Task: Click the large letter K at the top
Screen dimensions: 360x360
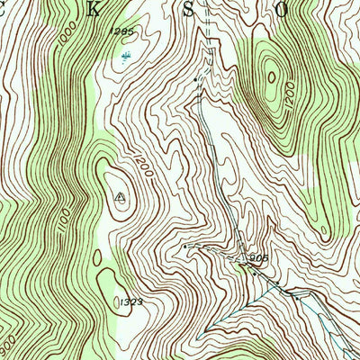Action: click(x=99, y=10)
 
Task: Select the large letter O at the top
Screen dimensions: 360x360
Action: click(x=281, y=11)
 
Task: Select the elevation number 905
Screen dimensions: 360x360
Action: click(x=259, y=256)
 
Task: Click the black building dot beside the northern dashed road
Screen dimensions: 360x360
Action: click(x=196, y=80)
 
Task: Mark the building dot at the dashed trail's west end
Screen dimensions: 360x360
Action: click(x=184, y=245)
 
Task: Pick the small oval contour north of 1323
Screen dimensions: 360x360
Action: click(x=106, y=275)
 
